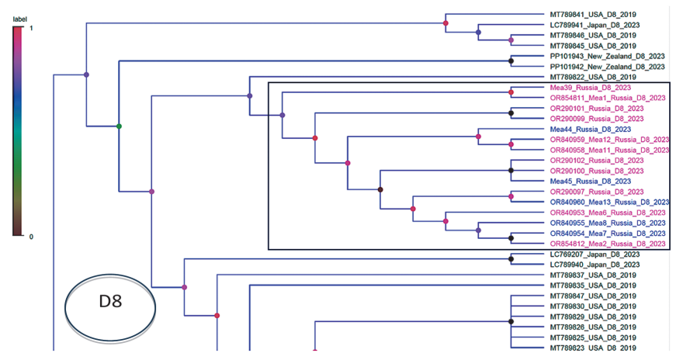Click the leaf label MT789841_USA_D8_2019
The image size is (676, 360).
coord(593,15)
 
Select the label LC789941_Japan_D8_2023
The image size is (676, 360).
coord(595,25)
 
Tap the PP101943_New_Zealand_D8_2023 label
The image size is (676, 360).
coord(607,57)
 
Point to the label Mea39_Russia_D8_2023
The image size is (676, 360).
coord(590,88)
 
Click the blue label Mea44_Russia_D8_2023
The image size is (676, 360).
coord(590,130)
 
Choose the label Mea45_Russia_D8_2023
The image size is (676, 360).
coord(590,182)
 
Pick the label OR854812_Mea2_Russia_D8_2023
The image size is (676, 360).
coord(608,244)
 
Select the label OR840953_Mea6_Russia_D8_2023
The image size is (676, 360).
coord(608,213)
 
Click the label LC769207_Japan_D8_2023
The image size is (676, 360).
coord(595,254)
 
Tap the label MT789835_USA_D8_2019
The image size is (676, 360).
coord(593,286)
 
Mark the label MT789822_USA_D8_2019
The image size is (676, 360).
coord(593,77)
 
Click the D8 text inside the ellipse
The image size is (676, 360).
coord(110,301)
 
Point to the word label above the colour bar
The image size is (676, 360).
coord(20,19)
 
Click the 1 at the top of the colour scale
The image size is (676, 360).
coord(31,28)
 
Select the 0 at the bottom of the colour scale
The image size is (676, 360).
coord(31,237)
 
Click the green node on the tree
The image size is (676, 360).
coord(119,126)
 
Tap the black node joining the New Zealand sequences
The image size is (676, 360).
coord(511,61)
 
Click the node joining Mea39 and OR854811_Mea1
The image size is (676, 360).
coord(511,92)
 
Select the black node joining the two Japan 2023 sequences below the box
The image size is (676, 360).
coord(511,259)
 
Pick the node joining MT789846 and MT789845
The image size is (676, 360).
coord(511,40)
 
